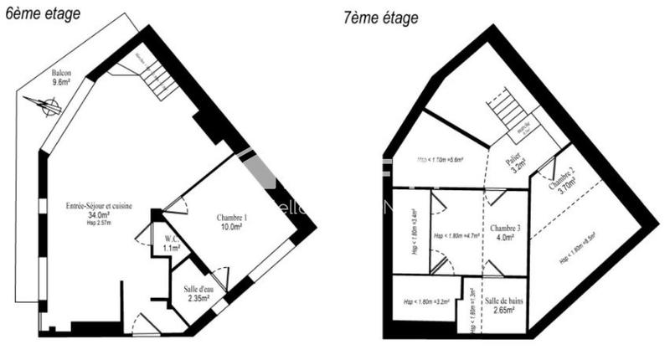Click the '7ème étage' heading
tap(381, 18)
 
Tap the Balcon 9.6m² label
tap(61, 78)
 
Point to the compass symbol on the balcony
tap(44, 105)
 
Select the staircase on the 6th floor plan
tap(155, 76)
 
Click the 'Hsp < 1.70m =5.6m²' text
tap(440, 158)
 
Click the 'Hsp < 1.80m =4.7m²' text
tap(456, 235)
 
